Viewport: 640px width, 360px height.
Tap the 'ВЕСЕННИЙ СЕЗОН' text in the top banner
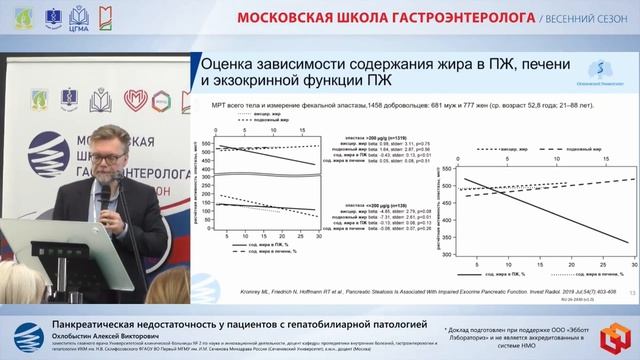pos(589,18)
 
